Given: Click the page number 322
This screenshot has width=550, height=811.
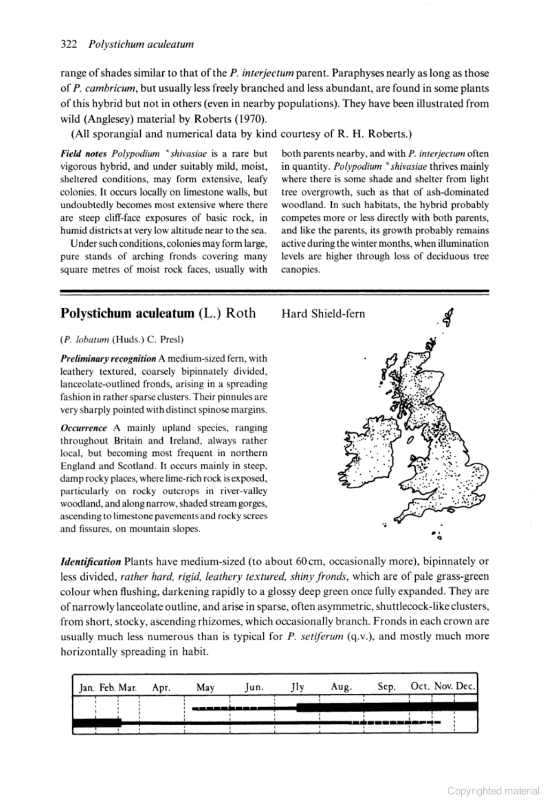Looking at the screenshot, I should [68, 44].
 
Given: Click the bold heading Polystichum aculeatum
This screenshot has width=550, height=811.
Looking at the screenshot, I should [127, 313].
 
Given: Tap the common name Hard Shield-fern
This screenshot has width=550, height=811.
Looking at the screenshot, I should [323, 314].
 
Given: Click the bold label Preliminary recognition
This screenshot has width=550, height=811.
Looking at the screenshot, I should [108, 359].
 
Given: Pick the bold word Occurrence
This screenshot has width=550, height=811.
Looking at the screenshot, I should [84, 428].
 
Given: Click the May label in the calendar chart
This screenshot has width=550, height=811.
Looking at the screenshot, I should [205, 687].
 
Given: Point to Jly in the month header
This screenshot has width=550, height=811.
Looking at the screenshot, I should [297, 687].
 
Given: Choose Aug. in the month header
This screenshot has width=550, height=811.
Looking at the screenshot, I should [341, 687].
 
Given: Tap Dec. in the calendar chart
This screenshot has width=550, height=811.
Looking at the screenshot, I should [465, 687].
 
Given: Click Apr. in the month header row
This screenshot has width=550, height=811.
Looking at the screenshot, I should [161, 687].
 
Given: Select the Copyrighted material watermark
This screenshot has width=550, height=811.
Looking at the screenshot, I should [493, 791].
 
